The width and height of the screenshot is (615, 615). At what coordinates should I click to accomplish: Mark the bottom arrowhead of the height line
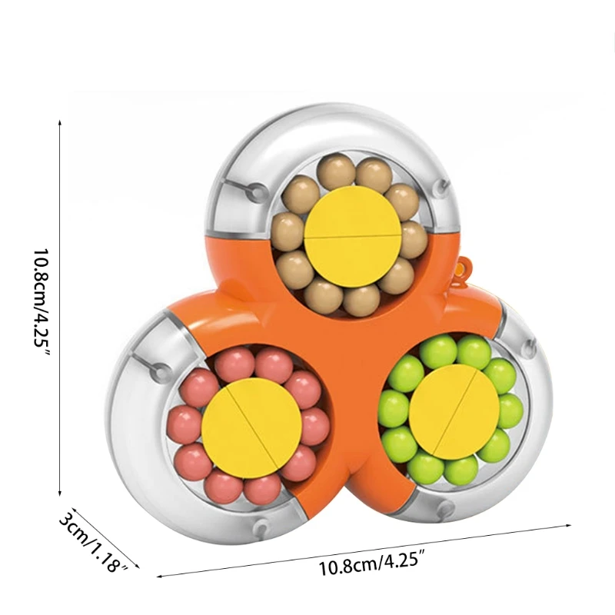[x=61, y=492]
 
